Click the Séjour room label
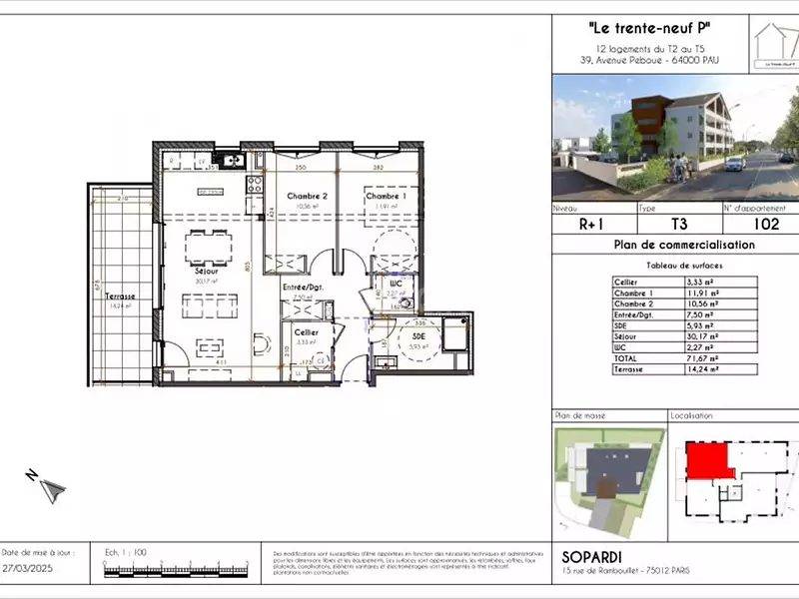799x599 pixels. click(x=207, y=270)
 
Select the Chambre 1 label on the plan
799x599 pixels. click(x=383, y=196)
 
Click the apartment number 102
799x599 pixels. click(x=766, y=225)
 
